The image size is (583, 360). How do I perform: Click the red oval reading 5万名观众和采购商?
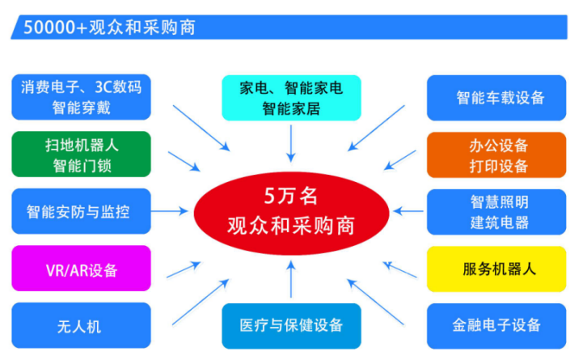tap(290, 212)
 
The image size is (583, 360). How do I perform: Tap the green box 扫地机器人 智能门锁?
tap(81, 155)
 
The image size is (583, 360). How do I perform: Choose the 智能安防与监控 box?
tap(81, 212)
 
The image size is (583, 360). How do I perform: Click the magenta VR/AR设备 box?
tap(81, 269)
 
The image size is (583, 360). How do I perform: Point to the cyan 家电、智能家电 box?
tap(291, 96)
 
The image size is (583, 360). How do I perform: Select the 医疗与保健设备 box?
tap(291, 326)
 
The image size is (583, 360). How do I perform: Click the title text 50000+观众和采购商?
tap(108, 27)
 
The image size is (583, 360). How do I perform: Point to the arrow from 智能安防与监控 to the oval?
tap(171, 212)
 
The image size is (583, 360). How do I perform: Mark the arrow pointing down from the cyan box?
tap(291, 143)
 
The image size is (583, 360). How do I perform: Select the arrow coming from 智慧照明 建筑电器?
tap(409, 212)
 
